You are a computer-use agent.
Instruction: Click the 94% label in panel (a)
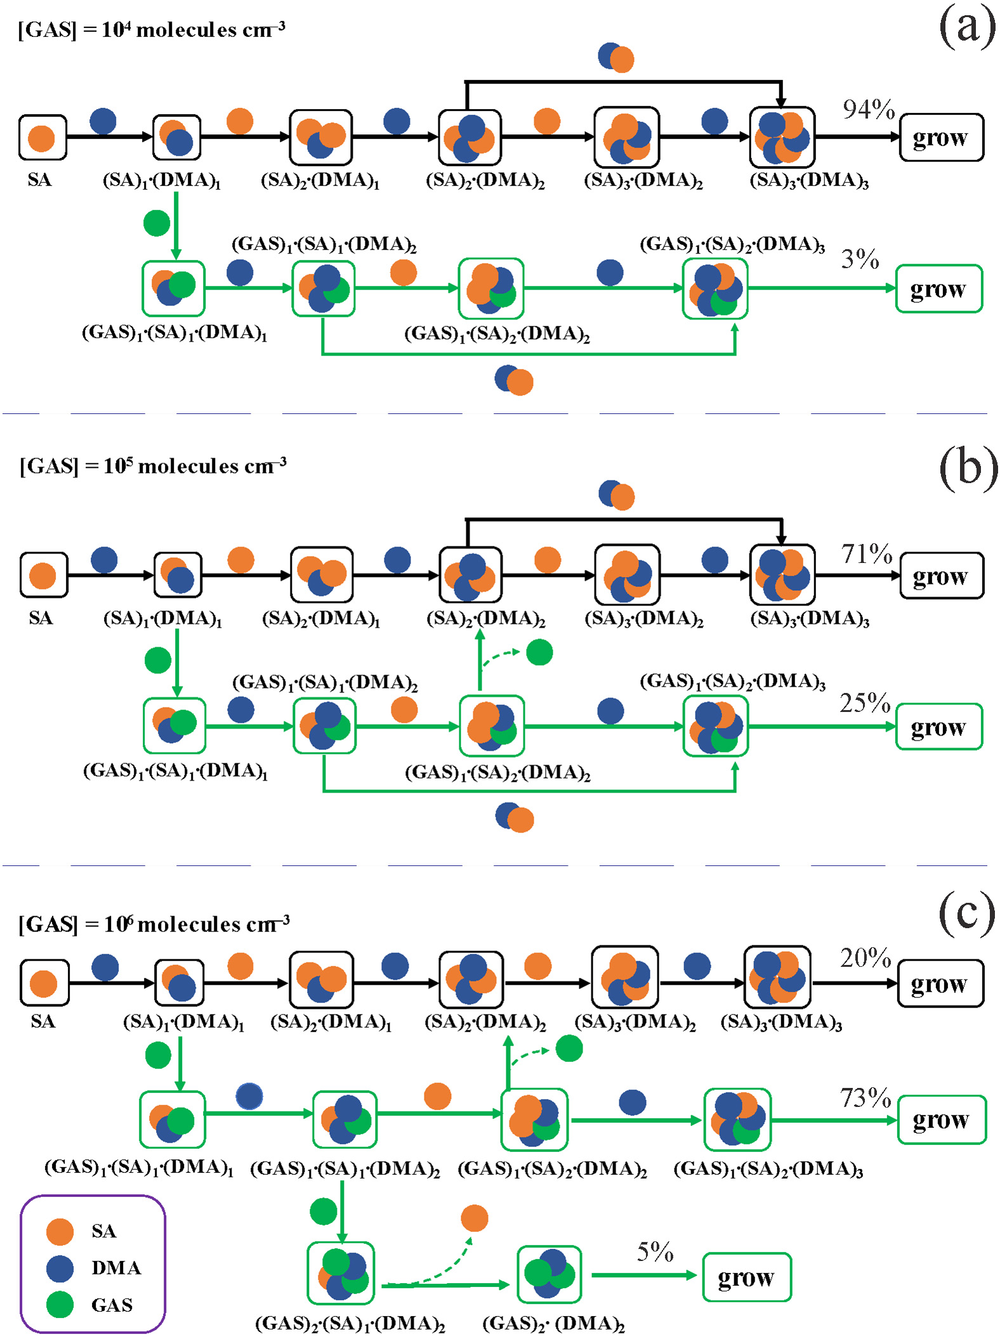(868, 110)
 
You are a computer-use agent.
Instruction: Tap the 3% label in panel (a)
(860, 259)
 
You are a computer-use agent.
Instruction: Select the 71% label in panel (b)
(867, 554)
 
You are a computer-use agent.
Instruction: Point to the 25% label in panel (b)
(865, 703)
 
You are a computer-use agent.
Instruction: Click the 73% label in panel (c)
(865, 1098)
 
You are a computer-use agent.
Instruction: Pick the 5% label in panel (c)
(655, 1252)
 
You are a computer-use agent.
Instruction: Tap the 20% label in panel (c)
(865, 958)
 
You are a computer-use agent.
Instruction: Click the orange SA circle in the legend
(60, 1231)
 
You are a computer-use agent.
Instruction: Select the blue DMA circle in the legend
(60, 1268)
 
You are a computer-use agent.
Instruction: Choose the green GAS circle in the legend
(60, 1305)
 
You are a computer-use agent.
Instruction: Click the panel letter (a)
(967, 27)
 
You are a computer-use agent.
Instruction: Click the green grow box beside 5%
(747, 1277)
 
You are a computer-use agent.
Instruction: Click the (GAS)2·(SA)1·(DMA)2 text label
(350, 1324)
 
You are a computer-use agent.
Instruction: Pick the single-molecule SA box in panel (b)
(43, 575)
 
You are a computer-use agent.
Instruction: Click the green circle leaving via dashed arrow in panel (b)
(539, 652)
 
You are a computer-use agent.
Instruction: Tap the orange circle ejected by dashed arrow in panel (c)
(475, 1218)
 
